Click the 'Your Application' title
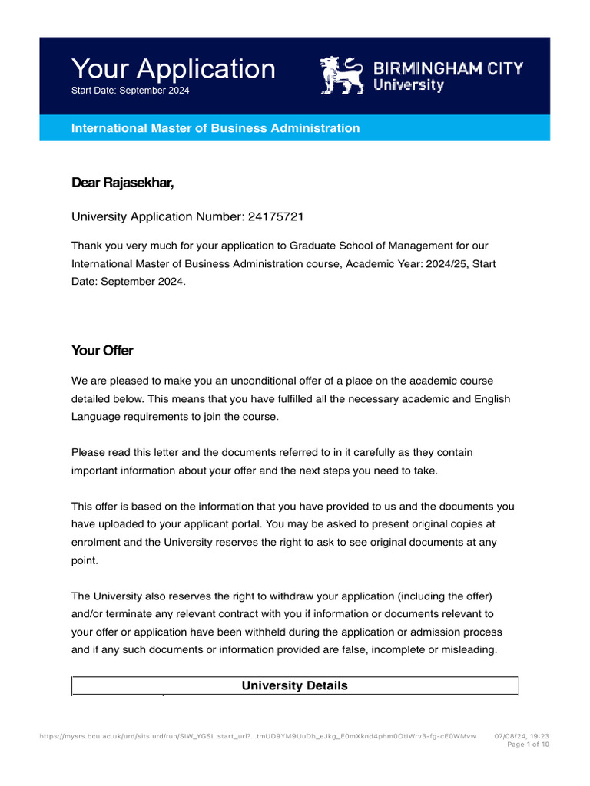[x=173, y=69]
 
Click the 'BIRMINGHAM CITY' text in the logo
[x=449, y=68]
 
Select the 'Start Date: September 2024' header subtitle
[x=130, y=91]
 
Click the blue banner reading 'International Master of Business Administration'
[x=215, y=128]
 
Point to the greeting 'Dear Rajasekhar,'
[x=123, y=182]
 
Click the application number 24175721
[x=276, y=216]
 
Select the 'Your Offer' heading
[x=102, y=351]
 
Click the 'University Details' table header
[x=295, y=685]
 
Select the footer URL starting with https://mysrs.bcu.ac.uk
[x=257, y=736]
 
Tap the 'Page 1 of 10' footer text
[x=529, y=745]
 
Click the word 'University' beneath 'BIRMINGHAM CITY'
[x=409, y=85]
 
